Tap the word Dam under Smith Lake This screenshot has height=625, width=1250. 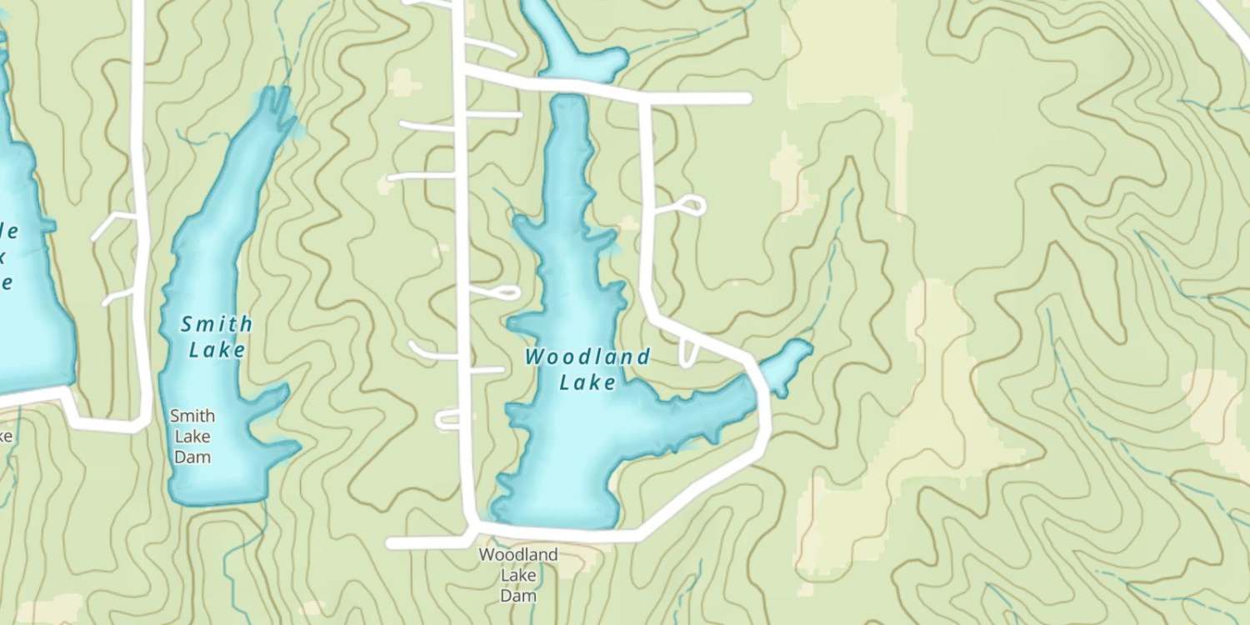coord(192,457)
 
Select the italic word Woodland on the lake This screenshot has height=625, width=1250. coord(587,357)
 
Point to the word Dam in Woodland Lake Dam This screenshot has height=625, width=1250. coord(517,596)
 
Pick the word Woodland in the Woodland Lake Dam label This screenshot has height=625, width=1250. coord(517,554)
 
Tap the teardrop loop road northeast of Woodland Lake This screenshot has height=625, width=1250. coord(691,204)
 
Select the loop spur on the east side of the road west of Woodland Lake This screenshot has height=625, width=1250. coord(505,292)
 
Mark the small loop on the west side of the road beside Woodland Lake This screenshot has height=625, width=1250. coord(447,420)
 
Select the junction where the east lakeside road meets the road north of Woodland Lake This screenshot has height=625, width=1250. coord(643,98)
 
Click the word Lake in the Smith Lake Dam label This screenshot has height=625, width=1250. coord(192,436)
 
